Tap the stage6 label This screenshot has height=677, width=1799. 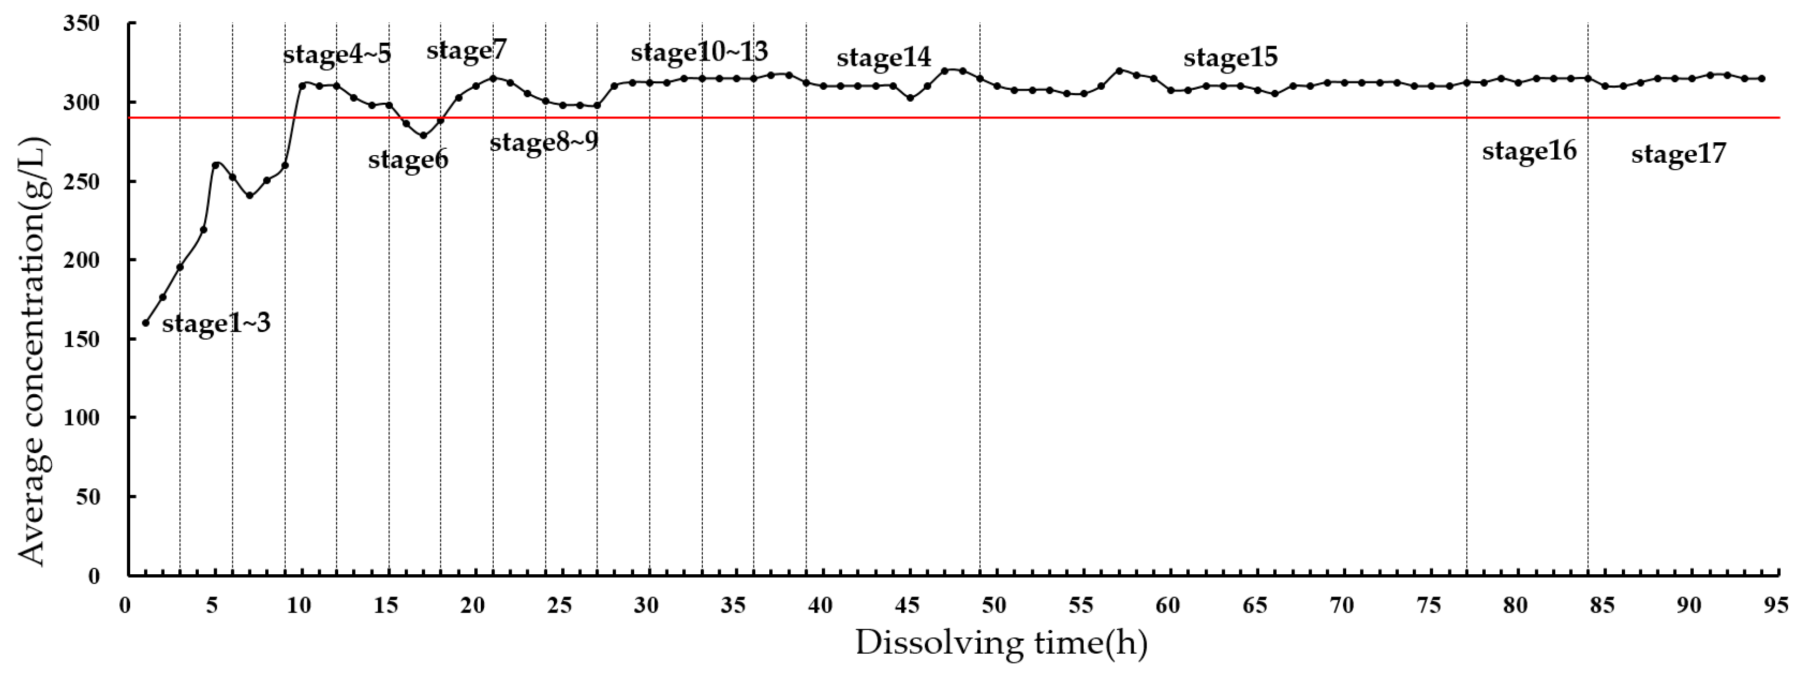click(x=408, y=160)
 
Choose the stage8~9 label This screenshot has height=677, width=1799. click(x=543, y=143)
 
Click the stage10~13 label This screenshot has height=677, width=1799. click(x=699, y=52)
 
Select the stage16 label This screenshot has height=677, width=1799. click(x=1529, y=151)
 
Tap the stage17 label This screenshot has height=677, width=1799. click(x=1678, y=154)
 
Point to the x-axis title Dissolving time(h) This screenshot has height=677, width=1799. click(x=1001, y=643)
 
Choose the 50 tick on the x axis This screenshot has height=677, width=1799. click(x=994, y=605)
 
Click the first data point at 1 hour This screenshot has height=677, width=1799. click(x=145, y=323)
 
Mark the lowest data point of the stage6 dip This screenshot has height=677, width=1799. click(x=423, y=136)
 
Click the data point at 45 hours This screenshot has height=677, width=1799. click(x=910, y=98)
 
